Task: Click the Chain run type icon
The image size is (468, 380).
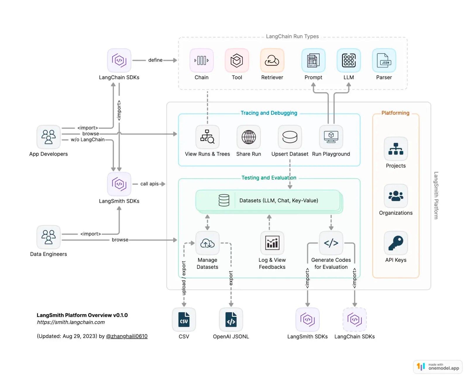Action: pyautogui.click(x=202, y=61)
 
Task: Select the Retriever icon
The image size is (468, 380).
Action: pyautogui.click(x=272, y=61)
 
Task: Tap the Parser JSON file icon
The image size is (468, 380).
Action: pyautogui.click(x=384, y=61)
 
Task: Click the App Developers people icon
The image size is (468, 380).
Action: pyautogui.click(x=49, y=137)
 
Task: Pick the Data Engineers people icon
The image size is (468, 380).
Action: pyautogui.click(x=49, y=237)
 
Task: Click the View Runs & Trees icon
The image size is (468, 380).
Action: pyautogui.click(x=207, y=137)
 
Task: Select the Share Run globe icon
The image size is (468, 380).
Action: pyautogui.click(x=249, y=137)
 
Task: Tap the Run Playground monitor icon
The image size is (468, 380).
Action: pyautogui.click(x=331, y=137)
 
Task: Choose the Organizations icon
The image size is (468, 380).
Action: pyautogui.click(x=396, y=196)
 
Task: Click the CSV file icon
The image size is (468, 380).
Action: pyautogui.click(x=184, y=319)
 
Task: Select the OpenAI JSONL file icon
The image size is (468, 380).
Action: pyautogui.click(x=231, y=319)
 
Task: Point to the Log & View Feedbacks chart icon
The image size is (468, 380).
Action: pyautogui.click(x=272, y=243)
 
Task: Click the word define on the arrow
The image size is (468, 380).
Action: pyautogui.click(x=155, y=60)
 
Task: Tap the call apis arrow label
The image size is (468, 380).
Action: pyautogui.click(x=149, y=184)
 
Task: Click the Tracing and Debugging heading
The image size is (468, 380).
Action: pyautogui.click(x=269, y=113)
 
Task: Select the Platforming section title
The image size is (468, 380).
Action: pyautogui.click(x=395, y=113)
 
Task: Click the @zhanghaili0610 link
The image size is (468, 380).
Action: pyautogui.click(x=127, y=336)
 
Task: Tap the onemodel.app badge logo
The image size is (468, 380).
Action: pyautogui.click(x=421, y=367)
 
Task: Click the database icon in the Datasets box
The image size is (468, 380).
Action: pyautogui.click(x=224, y=201)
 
